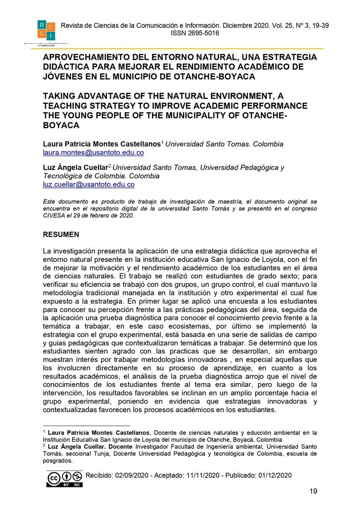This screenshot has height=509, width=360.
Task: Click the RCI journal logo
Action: point(46,30)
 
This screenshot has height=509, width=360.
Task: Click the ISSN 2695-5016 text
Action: point(194,33)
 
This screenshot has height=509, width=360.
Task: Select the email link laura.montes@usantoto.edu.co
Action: point(93,153)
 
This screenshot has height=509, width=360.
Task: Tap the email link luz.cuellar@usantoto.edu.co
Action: point(89,184)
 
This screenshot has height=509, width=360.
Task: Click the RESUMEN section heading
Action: point(61,234)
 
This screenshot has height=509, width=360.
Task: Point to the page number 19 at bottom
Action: point(313,492)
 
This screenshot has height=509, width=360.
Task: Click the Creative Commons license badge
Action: point(65,478)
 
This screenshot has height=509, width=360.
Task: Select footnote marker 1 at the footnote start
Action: point(44,432)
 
